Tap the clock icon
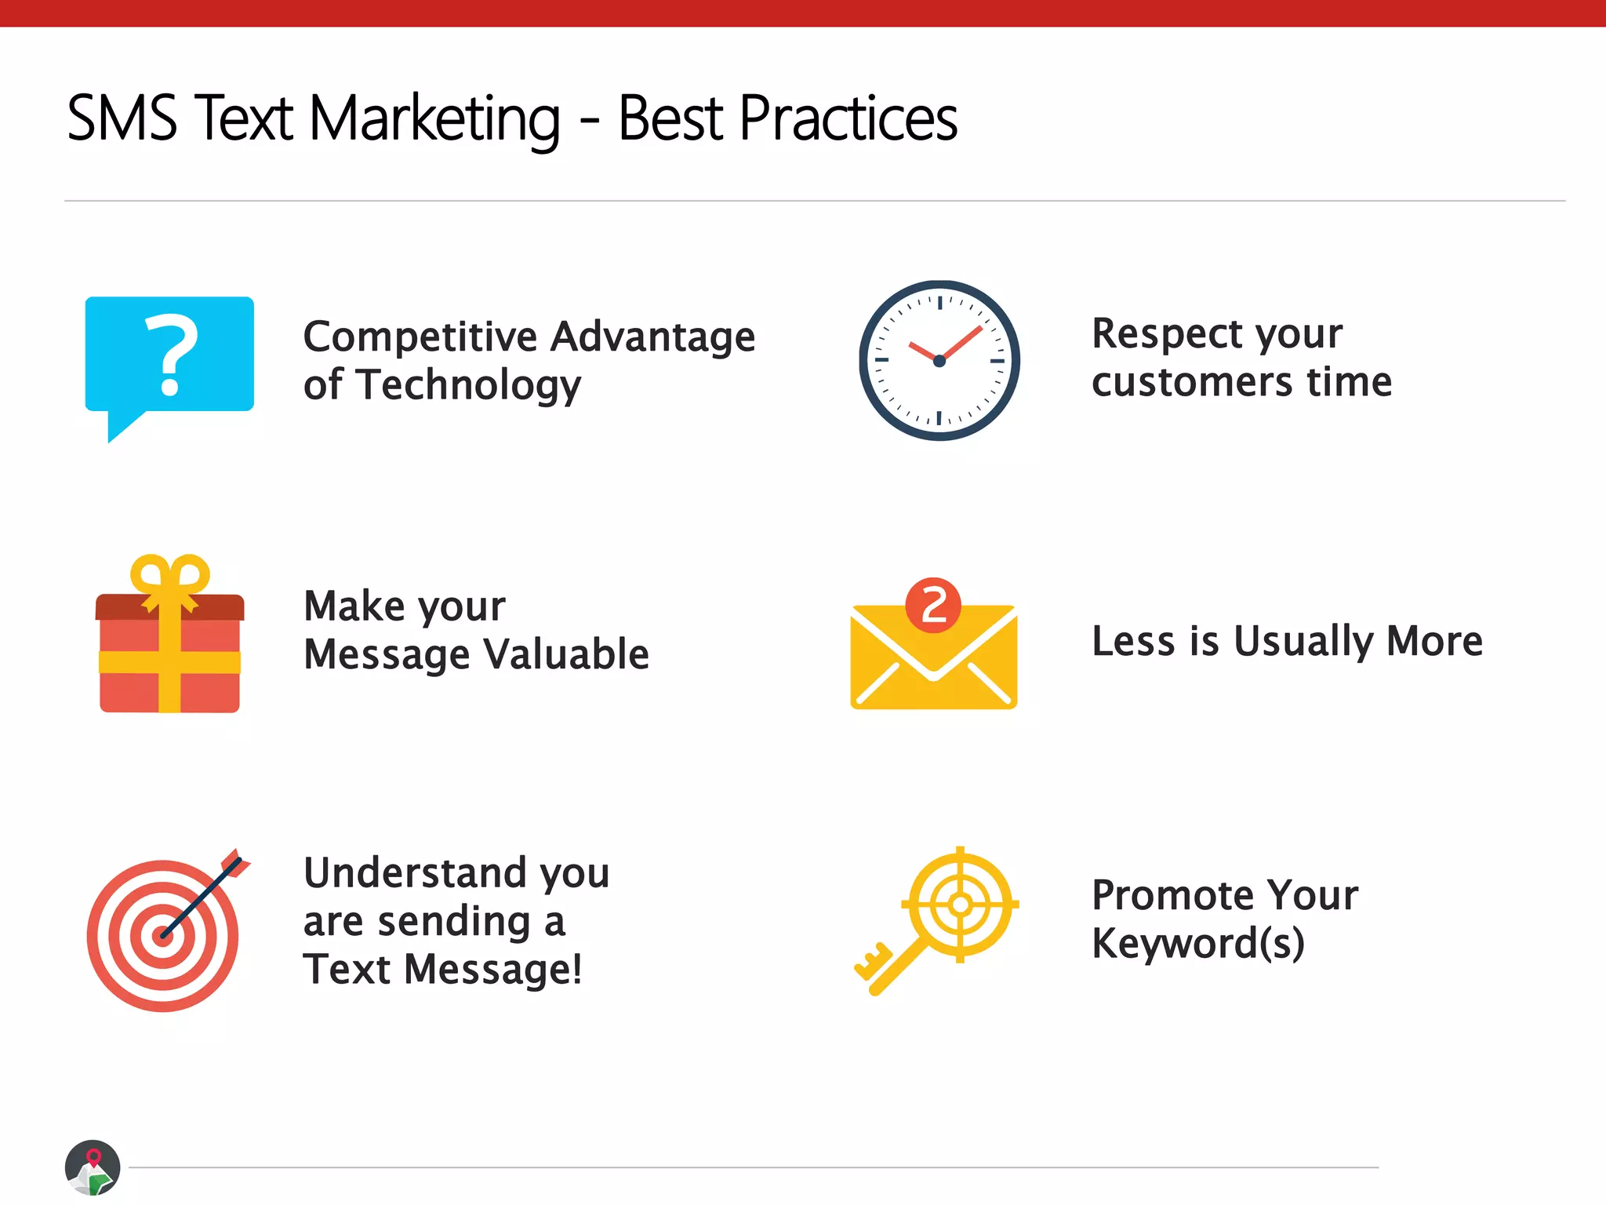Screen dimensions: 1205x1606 (939, 360)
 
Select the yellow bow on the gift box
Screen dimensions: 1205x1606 (170, 578)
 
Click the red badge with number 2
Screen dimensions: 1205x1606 (933, 606)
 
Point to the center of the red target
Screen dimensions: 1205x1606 (162, 935)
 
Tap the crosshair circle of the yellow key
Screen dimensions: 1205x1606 (960, 905)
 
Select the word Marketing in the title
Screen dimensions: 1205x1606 (434, 118)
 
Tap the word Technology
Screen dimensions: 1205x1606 (468, 386)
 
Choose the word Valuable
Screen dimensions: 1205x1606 (565, 654)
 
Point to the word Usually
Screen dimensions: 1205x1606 (1303, 641)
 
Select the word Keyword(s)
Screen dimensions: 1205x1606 (1197, 943)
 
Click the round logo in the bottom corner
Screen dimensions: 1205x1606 (93, 1167)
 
